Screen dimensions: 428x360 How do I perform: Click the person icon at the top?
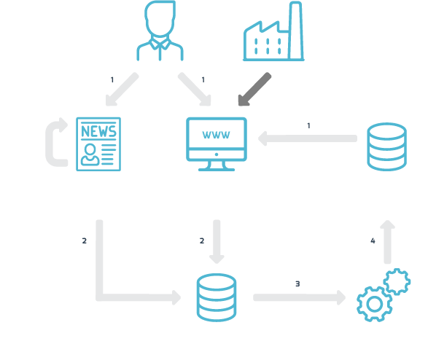(x=160, y=31)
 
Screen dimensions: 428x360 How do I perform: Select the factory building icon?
(x=273, y=31)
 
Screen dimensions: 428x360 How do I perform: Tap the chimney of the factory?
(x=295, y=31)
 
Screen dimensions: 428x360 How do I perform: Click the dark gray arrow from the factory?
(x=254, y=89)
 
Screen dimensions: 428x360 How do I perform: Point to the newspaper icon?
(x=98, y=144)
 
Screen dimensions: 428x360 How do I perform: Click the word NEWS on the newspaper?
(x=98, y=131)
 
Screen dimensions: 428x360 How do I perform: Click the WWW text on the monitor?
(x=216, y=135)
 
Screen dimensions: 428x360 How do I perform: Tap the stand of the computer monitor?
(x=217, y=166)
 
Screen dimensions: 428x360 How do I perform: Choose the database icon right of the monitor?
(x=386, y=146)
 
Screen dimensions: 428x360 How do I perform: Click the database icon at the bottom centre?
(x=217, y=297)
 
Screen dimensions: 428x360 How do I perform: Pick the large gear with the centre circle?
(x=374, y=304)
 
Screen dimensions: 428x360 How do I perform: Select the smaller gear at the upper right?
(x=397, y=281)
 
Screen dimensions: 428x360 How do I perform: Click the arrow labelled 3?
(x=300, y=297)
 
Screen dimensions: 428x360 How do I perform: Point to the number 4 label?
(x=373, y=240)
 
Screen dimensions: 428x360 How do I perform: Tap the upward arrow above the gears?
(x=388, y=242)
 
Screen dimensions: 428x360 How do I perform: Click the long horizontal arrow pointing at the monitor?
(x=308, y=138)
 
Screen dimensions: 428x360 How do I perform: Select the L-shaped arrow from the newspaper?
(x=99, y=297)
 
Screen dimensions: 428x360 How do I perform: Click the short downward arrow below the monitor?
(x=217, y=242)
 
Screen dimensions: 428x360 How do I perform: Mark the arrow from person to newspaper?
(x=122, y=89)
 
